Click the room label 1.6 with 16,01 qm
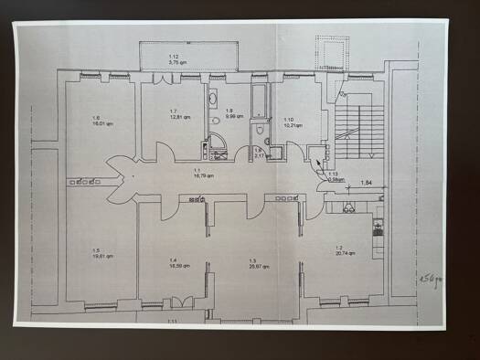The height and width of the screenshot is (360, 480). tap(97, 121)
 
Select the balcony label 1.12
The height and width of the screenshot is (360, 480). tap(174, 59)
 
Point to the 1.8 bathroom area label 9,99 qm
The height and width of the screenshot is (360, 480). tap(231, 115)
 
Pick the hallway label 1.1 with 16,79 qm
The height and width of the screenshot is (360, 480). tap(197, 174)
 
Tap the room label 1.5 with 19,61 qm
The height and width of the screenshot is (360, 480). tap(102, 254)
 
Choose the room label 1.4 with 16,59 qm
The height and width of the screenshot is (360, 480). tap(179, 264)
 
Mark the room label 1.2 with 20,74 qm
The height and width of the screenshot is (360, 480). tap(345, 251)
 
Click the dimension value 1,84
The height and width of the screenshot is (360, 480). tap(366, 184)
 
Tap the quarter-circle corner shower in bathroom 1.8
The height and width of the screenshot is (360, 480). tap(219, 145)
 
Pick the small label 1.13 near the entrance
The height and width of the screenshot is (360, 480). tap(334, 176)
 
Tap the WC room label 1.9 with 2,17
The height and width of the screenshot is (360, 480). tap(259, 153)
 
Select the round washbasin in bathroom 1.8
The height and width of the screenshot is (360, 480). tap(213, 120)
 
